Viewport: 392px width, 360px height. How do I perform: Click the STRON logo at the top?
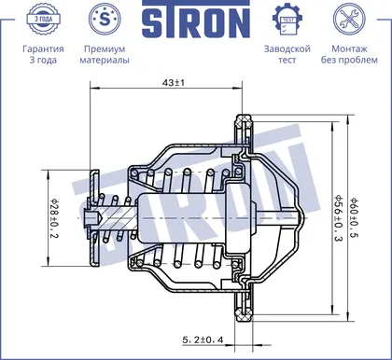click(196, 20)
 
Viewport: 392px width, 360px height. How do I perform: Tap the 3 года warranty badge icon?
click(43, 20)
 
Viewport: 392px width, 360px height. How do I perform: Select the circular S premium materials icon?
click(105, 20)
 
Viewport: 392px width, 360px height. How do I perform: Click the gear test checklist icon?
click(287, 20)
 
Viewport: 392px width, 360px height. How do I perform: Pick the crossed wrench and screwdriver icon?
click(349, 20)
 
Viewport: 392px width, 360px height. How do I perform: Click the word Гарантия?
click(43, 49)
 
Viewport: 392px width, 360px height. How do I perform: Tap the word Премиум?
click(105, 49)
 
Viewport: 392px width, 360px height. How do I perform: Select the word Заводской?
click(287, 48)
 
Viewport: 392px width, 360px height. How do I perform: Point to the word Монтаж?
click(349, 48)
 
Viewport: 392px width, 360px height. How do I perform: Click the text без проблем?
click(349, 60)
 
